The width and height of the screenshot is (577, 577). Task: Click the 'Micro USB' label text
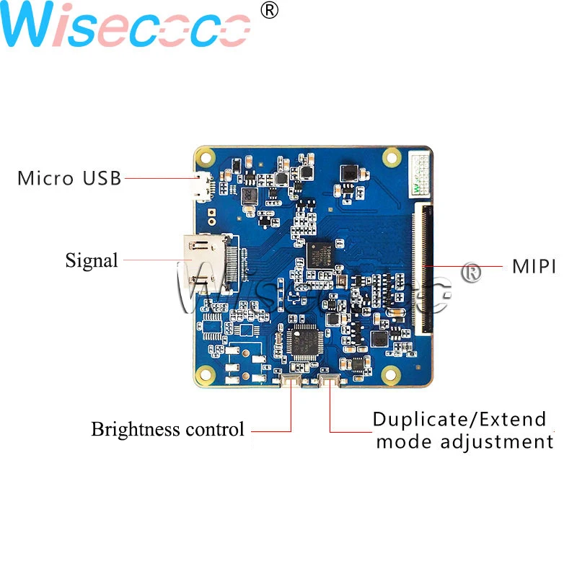tap(69, 177)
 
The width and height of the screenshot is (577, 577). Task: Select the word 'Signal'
tap(92, 260)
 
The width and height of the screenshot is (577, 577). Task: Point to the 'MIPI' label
tap(534, 266)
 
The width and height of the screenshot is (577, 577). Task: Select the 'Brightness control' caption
tap(167, 429)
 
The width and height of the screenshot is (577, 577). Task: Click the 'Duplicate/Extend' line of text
tap(459, 419)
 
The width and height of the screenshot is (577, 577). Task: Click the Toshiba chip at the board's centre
tap(319, 255)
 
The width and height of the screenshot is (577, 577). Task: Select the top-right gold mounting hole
tap(392, 155)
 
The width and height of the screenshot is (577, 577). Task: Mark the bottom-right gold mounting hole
tap(392, 374)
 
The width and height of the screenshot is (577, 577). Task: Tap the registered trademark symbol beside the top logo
tap(268, 10)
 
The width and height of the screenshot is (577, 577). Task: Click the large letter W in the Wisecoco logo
tap(32, 27)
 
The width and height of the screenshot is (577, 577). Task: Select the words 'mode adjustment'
tap(464, 441)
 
